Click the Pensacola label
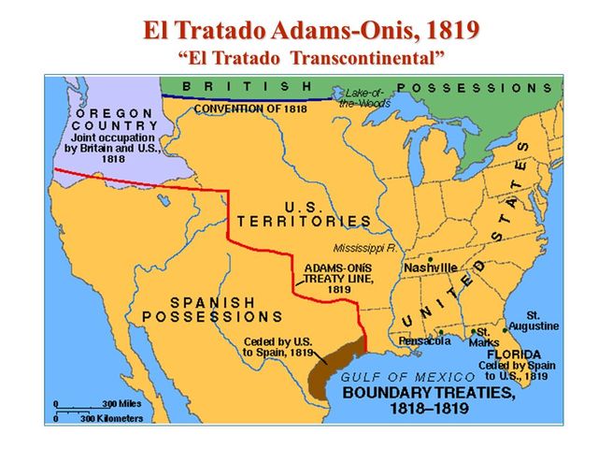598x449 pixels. pyautogui.click(x=425, y=340)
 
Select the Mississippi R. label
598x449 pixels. pyautogui.click(x=365, y=248)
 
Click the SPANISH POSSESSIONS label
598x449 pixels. pyautogui.click(x=213, y=310)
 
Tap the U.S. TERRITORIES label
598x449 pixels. pyautogui.click(x=304, y=213)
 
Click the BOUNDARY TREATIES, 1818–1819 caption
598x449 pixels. pyautogui.click(x=430, y=401)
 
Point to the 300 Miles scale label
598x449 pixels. pyautogui.click(x=121, y=404)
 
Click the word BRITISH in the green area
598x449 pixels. pyautogui.click(x=247, y=86)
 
